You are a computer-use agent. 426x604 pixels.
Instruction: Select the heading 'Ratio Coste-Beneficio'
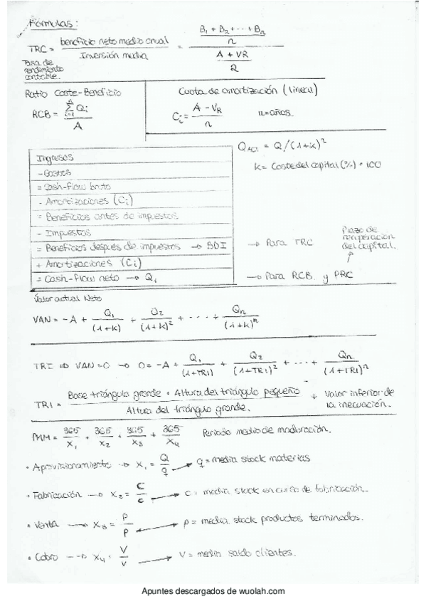(73, 93)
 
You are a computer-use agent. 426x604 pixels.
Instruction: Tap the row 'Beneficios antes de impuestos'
(107, 216)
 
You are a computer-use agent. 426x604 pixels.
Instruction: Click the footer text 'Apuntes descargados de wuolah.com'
(213, 591)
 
